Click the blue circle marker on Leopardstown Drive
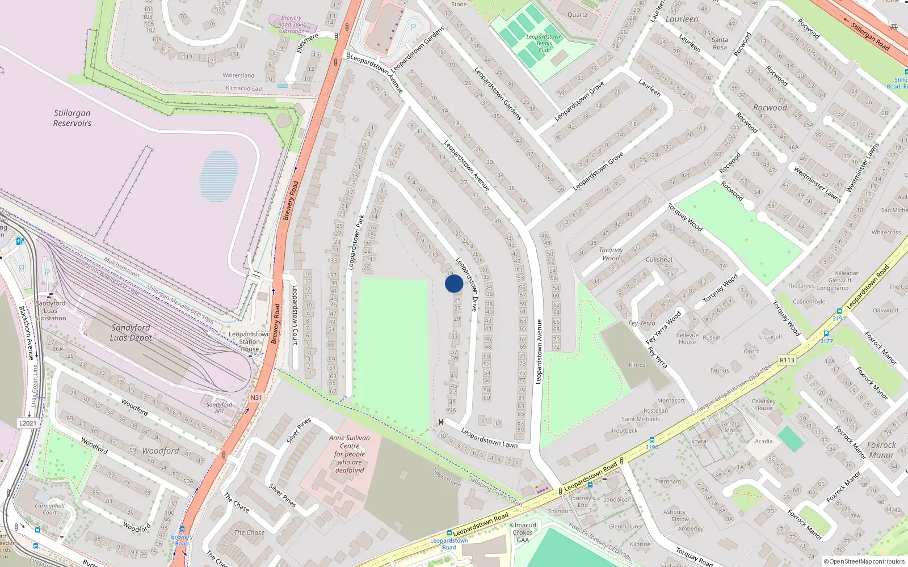coord(454,283)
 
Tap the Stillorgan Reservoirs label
coord(72,118)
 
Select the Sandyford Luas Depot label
coord(131,332)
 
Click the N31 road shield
coord(256,397)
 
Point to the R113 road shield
coord(787,360)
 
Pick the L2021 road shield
coord(27,423)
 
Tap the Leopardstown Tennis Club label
coord(544,43)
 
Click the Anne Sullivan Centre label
coord(350,454)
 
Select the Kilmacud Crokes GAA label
coord(523,532)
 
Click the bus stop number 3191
coord(839,318)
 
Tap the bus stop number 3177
coord(826,341)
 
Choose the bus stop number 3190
coord(651,447)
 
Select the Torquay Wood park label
coord(611,253)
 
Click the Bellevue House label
coord(687,338)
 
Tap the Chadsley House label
coord(763,404)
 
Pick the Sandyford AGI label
coord(219,408)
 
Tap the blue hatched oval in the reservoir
coord(218,176)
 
